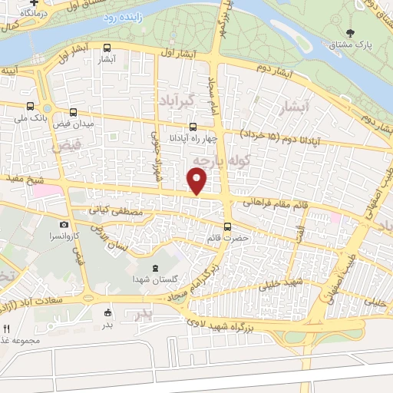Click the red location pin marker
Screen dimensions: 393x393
(198, 182)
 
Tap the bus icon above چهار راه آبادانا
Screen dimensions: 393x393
(193, 127)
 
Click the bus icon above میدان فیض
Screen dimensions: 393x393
(73, 111)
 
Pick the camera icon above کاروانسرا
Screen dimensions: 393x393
(64, 225)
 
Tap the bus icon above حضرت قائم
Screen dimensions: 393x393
(227, 226)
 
